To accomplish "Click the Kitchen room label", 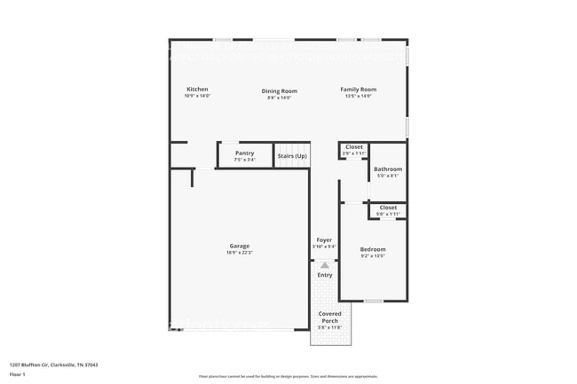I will [197, 90].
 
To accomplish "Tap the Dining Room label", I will [279, 90].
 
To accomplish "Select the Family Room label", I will [359, 90].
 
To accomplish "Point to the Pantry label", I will [244, 153].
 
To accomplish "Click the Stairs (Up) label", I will [292, 156].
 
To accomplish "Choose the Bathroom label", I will [387, 168].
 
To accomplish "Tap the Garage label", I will [240, 246].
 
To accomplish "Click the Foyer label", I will [325, 239].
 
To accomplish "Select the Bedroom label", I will [373, 249].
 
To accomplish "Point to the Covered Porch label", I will [329, 317].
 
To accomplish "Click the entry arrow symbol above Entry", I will [325, 264].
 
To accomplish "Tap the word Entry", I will [325, 275].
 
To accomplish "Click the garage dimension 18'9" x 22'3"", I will [240, 253].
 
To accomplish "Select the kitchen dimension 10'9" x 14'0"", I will [197, 97].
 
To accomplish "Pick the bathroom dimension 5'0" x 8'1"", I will [387, 176].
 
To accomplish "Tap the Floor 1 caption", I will [19, 375].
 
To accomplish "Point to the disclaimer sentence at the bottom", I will [288, 377].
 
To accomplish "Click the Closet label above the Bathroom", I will [354, 147].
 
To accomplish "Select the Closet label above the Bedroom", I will [388, 208].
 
